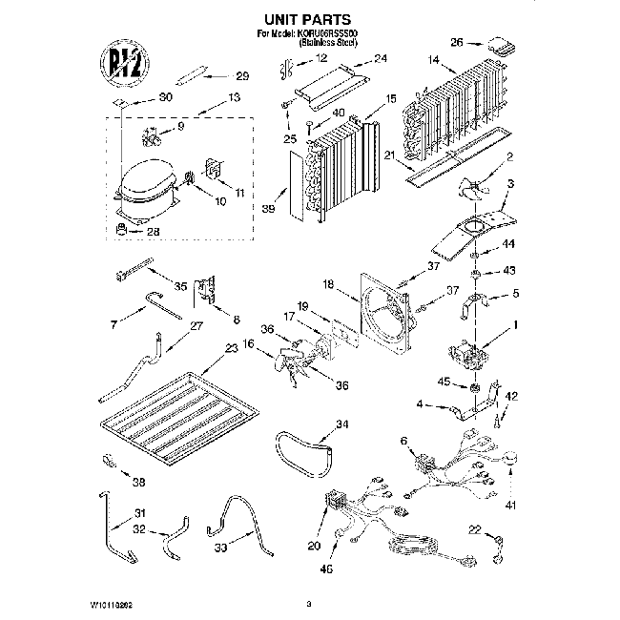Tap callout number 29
(x=241, y=77)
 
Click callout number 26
(x=457, y=42)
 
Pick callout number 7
(x=114, y=325)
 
